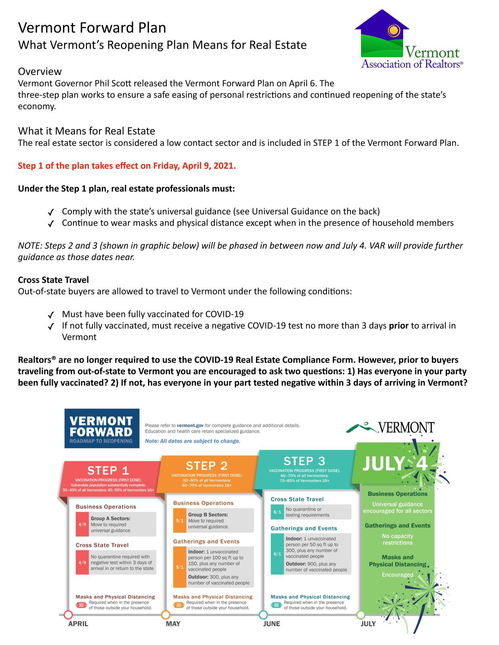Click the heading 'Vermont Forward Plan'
point(92,27)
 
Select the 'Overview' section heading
point(40,71)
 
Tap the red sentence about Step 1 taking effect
point(127,166)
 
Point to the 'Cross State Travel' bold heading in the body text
point(53,279)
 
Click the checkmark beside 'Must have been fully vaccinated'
point(51,315)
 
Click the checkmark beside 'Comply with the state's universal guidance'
point(51,212)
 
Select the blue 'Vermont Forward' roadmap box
point(102,428)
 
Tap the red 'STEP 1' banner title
point(108,470)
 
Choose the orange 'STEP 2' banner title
point(207,466)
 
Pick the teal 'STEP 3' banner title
point(304,461)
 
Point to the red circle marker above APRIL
point(68,615)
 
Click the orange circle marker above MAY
point(166,615)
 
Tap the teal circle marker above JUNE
point(263,615)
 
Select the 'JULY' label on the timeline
point(368,624)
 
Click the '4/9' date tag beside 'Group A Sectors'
point(82,524)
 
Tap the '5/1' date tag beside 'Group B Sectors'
point(180,520)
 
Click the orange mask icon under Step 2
point(178,605)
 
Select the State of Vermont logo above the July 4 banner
point(390,428)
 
